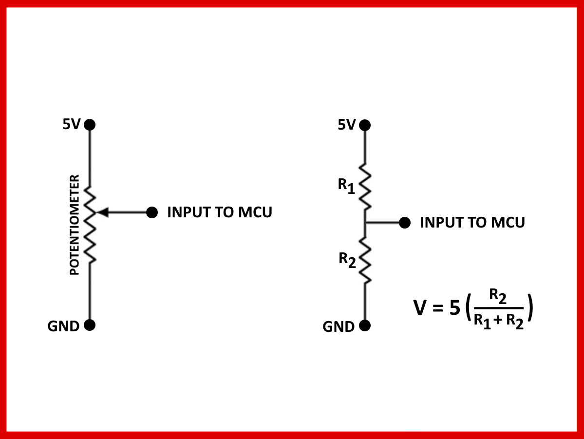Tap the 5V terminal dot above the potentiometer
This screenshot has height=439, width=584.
[x=90, y=125]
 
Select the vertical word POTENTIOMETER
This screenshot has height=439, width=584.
[x=75, y=225]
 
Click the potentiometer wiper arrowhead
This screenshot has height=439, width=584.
[x=102, y=212]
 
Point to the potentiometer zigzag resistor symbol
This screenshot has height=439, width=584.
[x=90, y=225]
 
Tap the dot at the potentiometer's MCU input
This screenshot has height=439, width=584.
[x=152, y=212]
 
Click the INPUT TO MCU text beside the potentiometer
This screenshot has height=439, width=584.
[x=219, y=212]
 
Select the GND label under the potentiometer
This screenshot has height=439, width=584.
[x=63, y=326]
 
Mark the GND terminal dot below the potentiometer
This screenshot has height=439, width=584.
[x=90, y=325]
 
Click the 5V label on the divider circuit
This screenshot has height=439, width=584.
[x=347, y=125]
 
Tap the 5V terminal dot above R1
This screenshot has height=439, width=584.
[x=365, y=125]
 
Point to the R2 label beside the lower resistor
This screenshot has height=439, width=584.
[x=347, y=260]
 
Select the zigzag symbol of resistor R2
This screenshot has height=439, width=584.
[x=365, y=260]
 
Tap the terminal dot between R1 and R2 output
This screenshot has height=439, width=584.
[x=404, y=223]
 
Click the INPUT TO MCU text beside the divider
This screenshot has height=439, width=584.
[x=472, y=223]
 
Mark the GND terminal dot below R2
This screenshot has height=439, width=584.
[x=365, y=326]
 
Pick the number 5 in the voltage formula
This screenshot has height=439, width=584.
[x=455, y=308]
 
